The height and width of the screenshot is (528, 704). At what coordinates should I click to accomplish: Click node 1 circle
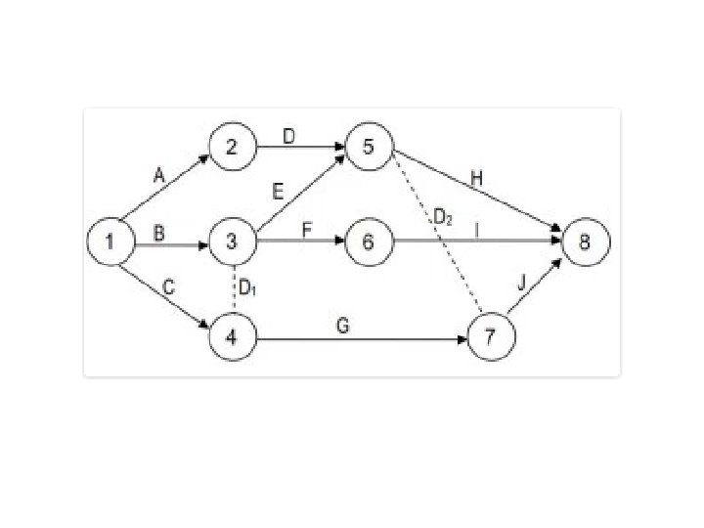coord(110,241)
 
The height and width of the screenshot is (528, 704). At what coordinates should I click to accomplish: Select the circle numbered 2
coord(230,148)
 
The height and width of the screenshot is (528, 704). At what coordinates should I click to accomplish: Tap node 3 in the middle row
coord(231,241)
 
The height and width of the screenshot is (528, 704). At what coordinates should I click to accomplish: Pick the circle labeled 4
coord(230,338)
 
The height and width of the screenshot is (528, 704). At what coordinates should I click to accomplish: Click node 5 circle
coord(368,148)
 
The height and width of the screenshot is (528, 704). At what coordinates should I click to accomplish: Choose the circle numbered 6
coord(368,241)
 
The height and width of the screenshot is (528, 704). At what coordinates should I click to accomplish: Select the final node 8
coord(585,241)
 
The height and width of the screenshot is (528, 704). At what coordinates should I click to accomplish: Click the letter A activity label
coord(159,176)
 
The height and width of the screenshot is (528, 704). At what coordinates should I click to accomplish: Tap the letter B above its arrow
coord(158,231)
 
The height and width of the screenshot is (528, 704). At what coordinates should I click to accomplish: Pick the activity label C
coord(167,287)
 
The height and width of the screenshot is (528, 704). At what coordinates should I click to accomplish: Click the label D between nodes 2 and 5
coord(289,136)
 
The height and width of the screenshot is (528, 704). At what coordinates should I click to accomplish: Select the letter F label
coord(306,231)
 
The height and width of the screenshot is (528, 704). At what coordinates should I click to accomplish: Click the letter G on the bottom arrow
coord(342,327)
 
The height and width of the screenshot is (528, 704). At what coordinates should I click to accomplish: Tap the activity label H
coord(476,179)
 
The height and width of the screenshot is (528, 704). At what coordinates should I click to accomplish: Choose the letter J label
coord(521,283)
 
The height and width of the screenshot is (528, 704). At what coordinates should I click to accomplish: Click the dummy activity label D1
coord(247,289)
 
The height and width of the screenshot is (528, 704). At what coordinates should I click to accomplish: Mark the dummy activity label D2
coord(443,217)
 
